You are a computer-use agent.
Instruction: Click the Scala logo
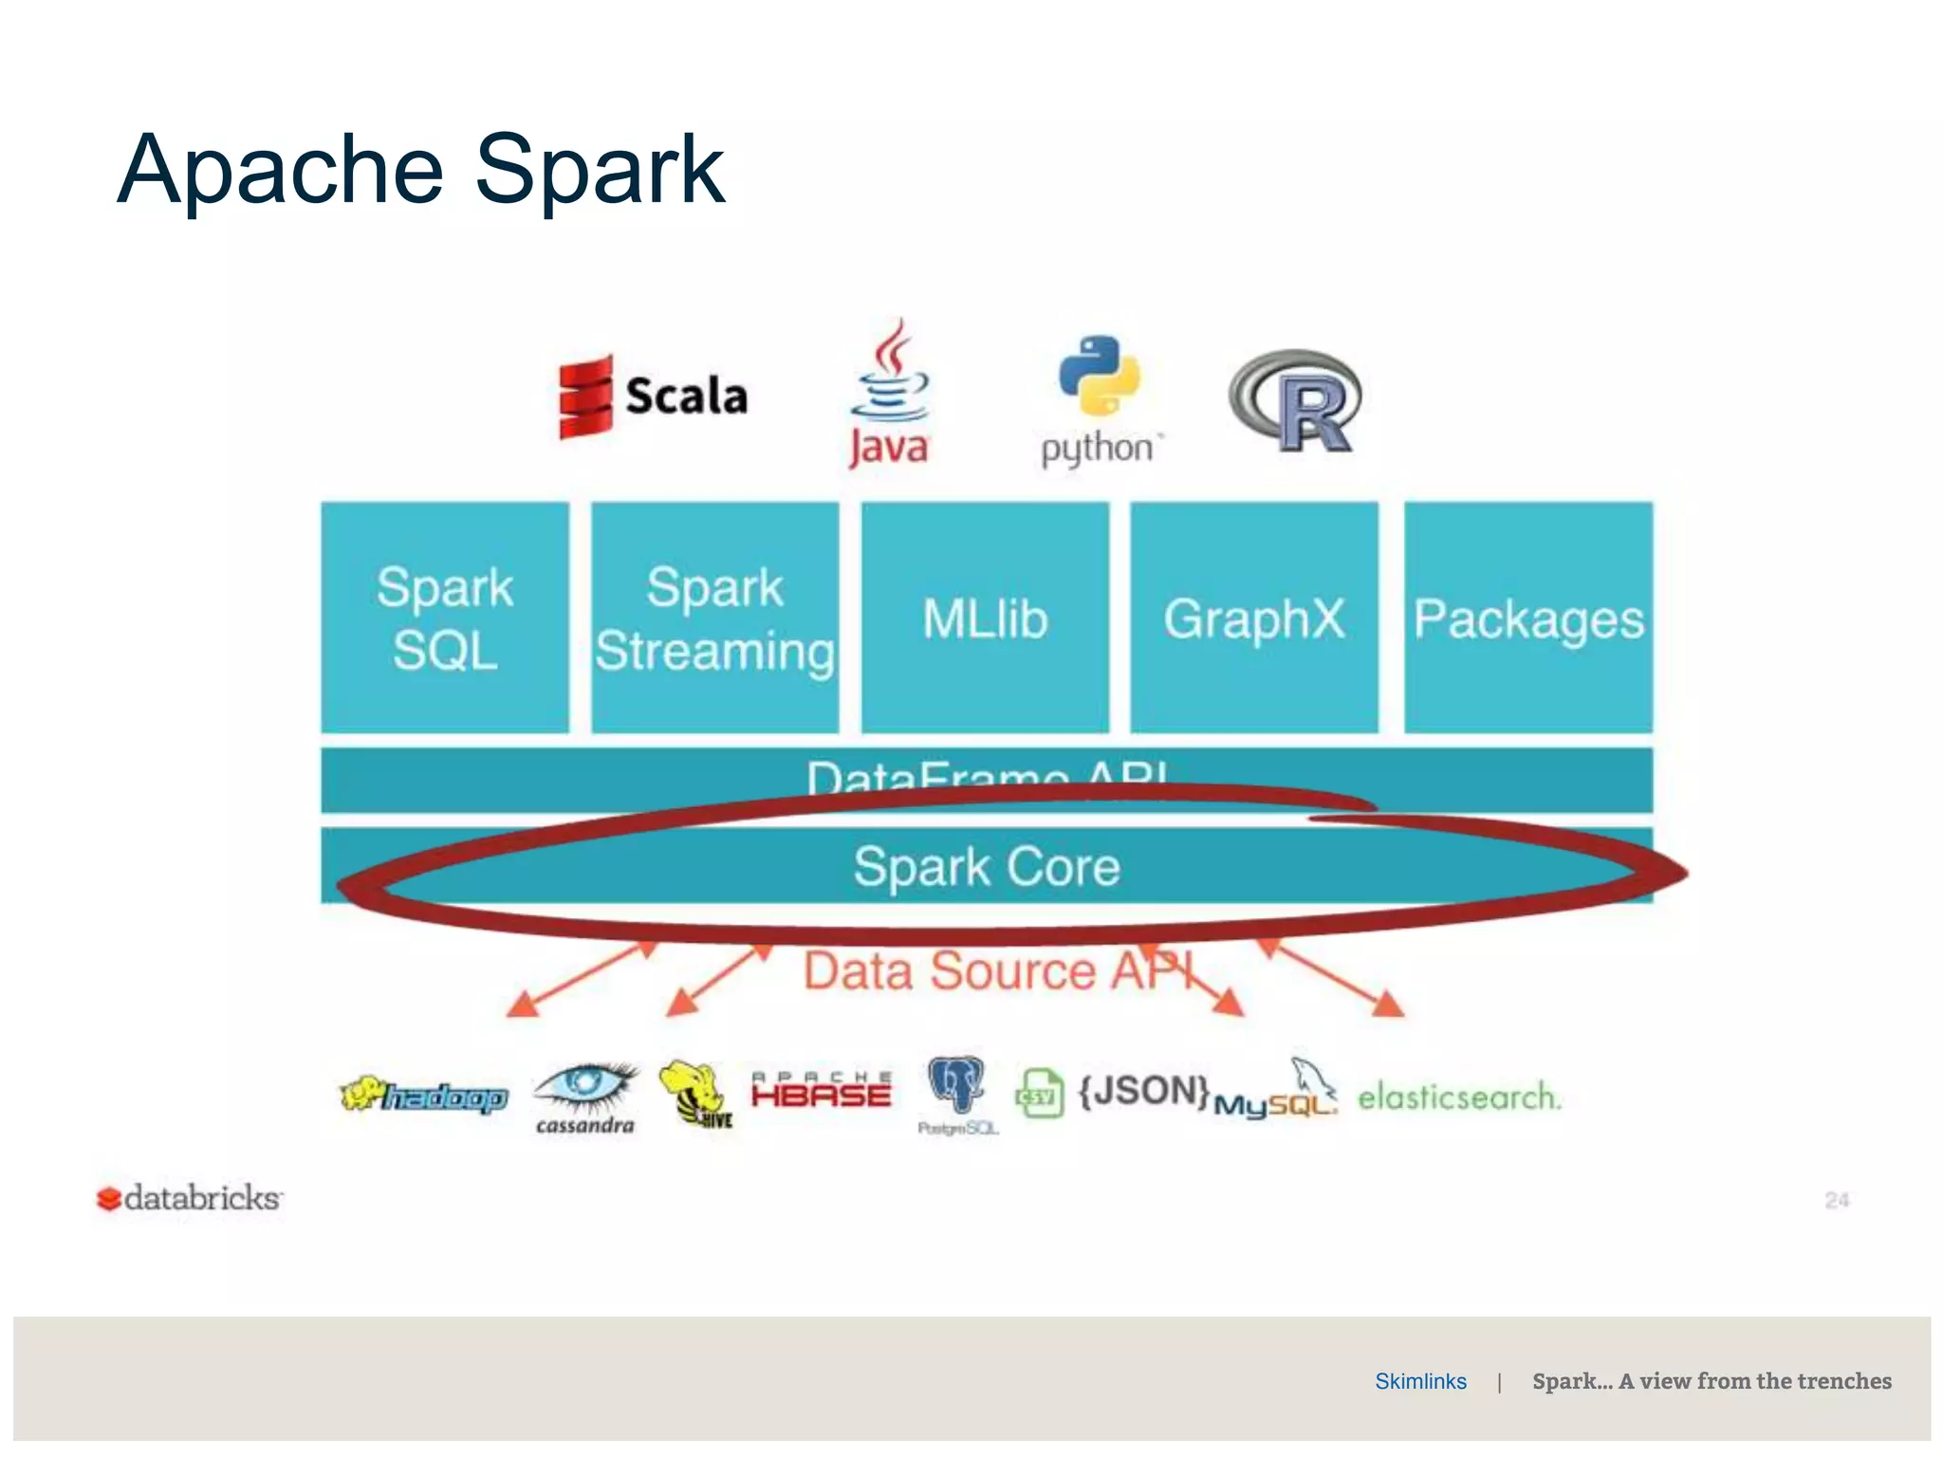pyautogui.click(x=653, y=397)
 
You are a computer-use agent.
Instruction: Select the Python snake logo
pyautogui.click(x=1101, y=377)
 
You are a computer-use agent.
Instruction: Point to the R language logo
pyautogui.click(x=1296, y=402)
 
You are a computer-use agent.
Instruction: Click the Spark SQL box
pyautogui.click(x=445, y=618)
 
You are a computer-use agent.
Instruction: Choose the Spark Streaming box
pyautogui.click(x=714, y=618)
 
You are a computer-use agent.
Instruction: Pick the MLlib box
pyautogui.click(x=985, y=618)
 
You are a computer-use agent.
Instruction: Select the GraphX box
pyautogui.click(x=1254, y=618)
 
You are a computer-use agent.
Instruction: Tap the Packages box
pyautogui.click(x=1528, y=618)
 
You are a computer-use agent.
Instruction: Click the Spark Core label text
pyautogui.click(x=987, y=867)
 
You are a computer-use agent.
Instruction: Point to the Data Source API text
pyautogui.click(x=996, y=971)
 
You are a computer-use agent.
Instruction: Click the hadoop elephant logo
pyautogui.click(x=424, y=1097)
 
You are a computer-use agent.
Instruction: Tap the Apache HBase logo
pyautogui.click(x=822, y=1092)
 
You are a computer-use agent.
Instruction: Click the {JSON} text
pyautogui.click(x=1144, y=1091)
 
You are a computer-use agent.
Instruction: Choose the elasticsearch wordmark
pyautogui.click(x=1458, y=1097)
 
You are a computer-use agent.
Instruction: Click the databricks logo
pyautogui.click(x=190, y=1198)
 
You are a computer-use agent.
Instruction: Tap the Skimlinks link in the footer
pyautogui.click(x=1420, y=1381)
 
